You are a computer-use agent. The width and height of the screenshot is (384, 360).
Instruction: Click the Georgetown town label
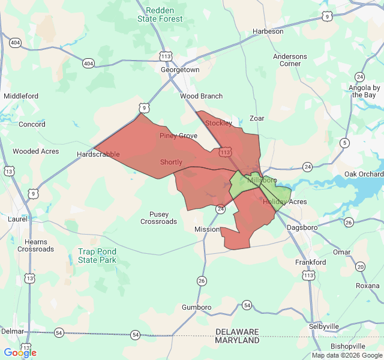pos(180,70)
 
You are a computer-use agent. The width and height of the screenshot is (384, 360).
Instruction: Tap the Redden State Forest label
pos(160,15)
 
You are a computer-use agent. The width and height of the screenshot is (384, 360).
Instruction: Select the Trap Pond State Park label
pos(97,256)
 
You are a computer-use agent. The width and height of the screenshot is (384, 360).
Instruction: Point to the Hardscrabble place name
pos(98,155)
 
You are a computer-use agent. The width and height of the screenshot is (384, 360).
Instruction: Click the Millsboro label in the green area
pos(262,180)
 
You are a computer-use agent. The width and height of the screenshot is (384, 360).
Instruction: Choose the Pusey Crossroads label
pos(159,218)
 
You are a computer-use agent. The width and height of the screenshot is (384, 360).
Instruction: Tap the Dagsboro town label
pos(302,228)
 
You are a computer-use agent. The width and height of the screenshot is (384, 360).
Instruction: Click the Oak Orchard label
pos(364,174)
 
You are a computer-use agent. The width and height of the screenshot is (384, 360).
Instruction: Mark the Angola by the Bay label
pos(364,91)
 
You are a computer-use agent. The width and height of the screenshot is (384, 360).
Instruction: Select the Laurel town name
pos(17,220)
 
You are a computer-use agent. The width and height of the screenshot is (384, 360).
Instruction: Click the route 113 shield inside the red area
pos(226,152)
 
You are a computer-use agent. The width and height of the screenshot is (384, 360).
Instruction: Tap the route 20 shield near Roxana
pos(360,266)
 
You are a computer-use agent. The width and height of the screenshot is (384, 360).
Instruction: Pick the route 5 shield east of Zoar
pos(344,143)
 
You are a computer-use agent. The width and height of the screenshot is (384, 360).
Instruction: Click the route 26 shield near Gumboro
pos(202,281)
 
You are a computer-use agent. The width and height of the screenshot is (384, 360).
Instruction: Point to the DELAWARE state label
pos(237,332)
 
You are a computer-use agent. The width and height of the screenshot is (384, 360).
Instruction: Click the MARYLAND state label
pos(237,340)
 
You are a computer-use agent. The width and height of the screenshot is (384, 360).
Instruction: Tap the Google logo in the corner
pos(20,353)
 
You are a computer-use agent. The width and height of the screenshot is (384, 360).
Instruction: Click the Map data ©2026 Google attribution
pos(346,355)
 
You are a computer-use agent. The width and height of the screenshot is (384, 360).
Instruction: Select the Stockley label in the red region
pos(218,123)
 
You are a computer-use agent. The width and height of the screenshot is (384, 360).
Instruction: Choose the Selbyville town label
pos(324,326)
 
